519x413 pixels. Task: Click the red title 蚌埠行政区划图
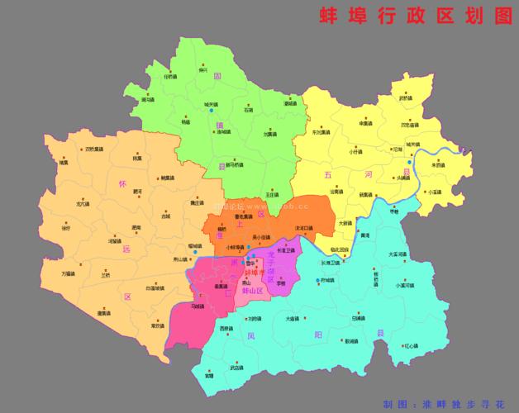[x=416, y=16]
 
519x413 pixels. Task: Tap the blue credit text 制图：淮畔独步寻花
[x=443, y=404]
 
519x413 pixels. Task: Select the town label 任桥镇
[x=170, y=77]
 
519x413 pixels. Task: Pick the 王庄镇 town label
[x=272, y=195]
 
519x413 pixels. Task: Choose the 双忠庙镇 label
[x=410, y=125]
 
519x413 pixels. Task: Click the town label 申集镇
[x=367, y=123]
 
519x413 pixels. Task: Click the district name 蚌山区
[x=248, y=292]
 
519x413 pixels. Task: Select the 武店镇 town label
[x=237, y=367]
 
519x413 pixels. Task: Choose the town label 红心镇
[x=411, y=345]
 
